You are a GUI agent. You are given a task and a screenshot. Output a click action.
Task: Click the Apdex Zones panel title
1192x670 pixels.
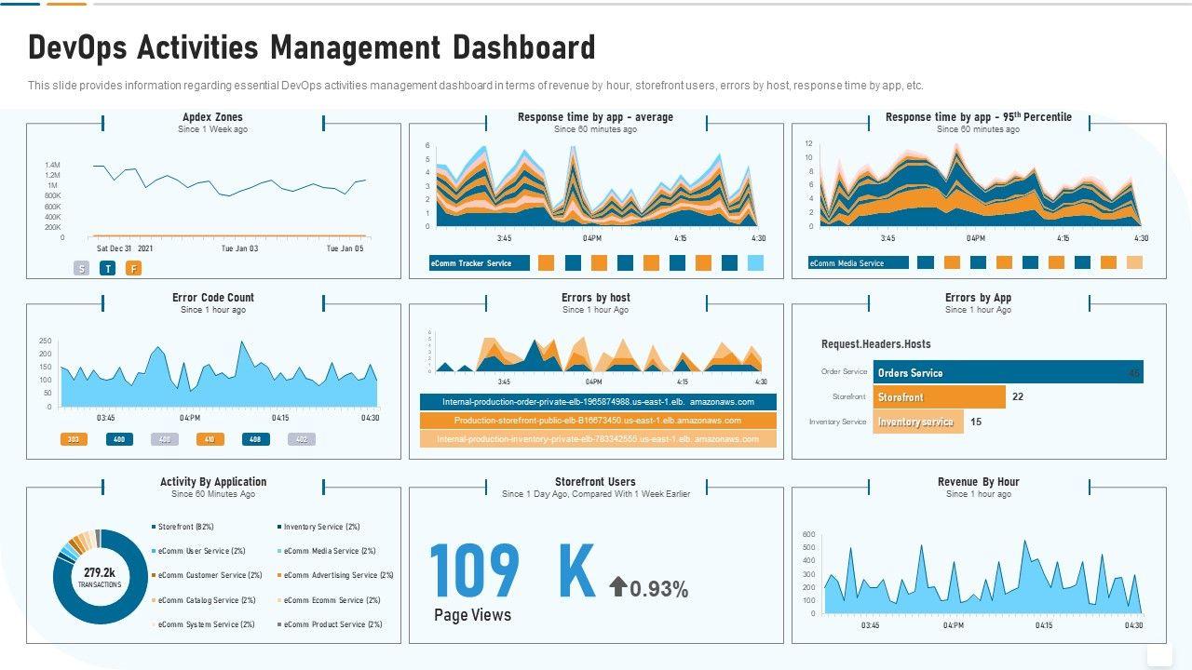click(212, 117)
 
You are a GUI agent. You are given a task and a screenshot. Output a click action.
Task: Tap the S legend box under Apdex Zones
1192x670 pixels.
click(82, 269)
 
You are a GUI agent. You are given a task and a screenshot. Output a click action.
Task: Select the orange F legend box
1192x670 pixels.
click(134, 269)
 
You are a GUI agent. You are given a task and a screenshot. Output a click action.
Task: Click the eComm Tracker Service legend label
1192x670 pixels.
click(479, 263)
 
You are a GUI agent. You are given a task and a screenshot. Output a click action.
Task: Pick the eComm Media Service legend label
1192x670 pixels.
click(858, 263)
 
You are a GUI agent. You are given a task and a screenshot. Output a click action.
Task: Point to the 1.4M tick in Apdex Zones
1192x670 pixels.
click(52, 166)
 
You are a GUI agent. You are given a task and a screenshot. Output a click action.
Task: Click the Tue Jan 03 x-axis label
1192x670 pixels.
click(239, 248)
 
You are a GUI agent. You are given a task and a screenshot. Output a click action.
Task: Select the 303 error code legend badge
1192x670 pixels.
click(74, 439)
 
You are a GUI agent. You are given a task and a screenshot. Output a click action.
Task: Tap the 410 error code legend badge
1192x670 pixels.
click(210, 439)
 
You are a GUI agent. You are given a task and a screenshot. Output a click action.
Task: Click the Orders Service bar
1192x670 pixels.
click(1007, 373)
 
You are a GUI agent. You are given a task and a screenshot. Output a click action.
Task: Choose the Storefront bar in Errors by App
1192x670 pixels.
click(939, 397)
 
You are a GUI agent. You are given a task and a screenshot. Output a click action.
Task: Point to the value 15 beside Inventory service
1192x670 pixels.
click(976, 422)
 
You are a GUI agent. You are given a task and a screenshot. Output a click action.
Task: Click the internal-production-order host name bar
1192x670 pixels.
click(598, 402)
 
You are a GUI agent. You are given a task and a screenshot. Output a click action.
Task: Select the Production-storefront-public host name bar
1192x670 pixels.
click(598, 421)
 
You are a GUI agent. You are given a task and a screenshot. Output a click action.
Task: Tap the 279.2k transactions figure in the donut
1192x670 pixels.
click(100, 573)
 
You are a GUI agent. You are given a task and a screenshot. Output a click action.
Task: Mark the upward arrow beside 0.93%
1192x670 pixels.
click(617, 586)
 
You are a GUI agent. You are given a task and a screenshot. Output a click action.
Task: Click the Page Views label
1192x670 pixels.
click(472, 615)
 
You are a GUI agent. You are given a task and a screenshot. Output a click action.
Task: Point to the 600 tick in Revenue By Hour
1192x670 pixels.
click(808, 534)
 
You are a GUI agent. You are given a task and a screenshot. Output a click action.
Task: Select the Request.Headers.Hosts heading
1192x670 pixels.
click(875, 344)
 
